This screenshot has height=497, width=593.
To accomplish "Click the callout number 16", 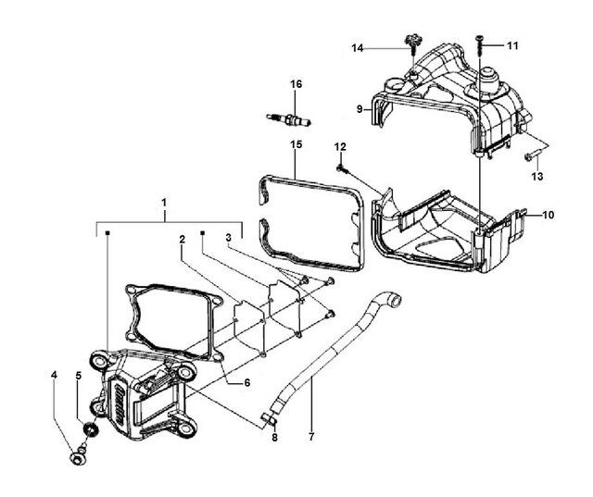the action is pos(296,84).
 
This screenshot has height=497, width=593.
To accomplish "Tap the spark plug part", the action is pos(289,119).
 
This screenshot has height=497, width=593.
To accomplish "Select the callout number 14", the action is pos(358,48).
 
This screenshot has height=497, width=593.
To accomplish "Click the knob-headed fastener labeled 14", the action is pos(412,42).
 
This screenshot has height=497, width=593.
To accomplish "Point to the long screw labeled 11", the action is pos(480,46).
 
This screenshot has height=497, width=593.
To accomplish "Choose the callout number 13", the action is pos(537,176).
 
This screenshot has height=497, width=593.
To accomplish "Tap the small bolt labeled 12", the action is pos(342,168).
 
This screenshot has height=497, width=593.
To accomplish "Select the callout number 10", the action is pos(548,215).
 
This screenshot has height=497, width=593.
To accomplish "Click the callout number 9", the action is pos(360,109).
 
